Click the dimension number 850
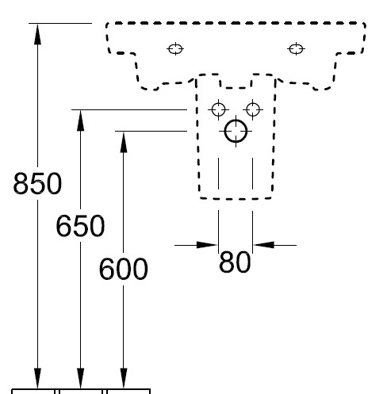[37, 183]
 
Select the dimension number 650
[80, 226]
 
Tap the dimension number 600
[123, 269]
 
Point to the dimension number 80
[235, 262]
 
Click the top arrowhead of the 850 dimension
[37, 34]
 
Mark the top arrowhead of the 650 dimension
[80, 120]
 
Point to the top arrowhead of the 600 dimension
[124, 142]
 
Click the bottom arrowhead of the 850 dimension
[37, 378]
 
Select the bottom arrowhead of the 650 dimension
[80, 378]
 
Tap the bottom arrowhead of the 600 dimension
[124, 378]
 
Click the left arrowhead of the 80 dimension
[207, 245]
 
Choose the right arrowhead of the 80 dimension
[263, 245]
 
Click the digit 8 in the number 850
[21, 183]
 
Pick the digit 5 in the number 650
[81, 226]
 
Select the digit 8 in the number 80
[227, 262]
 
